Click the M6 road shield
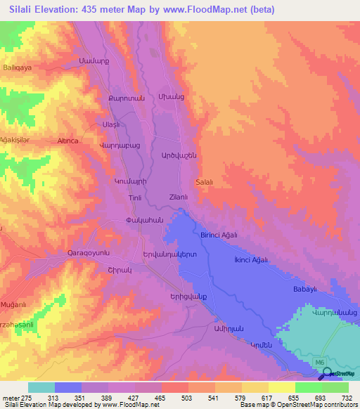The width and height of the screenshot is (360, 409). point(321,363)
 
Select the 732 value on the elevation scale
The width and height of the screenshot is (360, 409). point(347,397)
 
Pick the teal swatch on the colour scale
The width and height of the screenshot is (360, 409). point(41,387)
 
